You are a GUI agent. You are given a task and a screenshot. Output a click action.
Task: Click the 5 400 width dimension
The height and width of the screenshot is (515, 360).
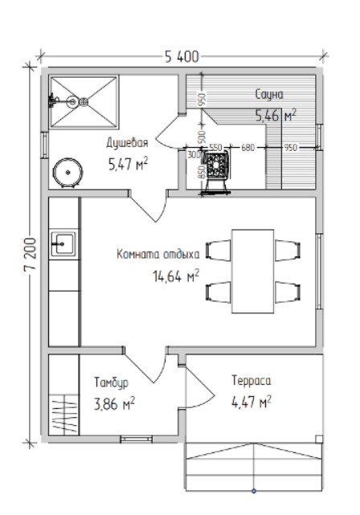[x=182, y=57]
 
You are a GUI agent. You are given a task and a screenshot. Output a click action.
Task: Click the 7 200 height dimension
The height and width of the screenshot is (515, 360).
[x=30, y=254]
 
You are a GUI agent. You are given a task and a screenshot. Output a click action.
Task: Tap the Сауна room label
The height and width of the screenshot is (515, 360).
[x=269, y=95]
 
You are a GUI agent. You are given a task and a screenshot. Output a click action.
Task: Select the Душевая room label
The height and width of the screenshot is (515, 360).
[x=127, y=143]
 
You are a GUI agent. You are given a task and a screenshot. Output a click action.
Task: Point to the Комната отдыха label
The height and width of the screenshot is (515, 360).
[x=158, y=254]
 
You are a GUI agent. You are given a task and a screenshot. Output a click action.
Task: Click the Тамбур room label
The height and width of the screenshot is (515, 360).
[x=111, y=382]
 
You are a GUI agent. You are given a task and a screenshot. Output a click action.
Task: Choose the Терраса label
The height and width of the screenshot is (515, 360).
[x=252, y=380]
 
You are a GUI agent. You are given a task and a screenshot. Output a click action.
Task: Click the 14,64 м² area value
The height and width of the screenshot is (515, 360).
[x=176, y=276]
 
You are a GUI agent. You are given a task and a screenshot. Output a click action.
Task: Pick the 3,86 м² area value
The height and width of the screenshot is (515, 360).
[x=114, y=403]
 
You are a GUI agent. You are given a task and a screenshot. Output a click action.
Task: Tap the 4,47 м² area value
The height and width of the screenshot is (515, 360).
[x=252, y=402]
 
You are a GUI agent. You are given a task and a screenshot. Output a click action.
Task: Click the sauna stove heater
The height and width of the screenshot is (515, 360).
[x=216, y=171]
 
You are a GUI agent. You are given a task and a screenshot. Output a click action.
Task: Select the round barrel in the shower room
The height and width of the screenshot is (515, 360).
[x=67, y=173]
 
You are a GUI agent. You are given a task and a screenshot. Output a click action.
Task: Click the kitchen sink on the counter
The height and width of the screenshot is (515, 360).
[x=63, y=244]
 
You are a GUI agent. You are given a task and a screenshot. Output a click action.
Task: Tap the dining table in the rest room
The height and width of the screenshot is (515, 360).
[x=252, y=272]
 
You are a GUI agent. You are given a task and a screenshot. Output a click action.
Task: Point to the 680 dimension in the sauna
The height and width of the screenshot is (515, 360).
[x=247, y=148]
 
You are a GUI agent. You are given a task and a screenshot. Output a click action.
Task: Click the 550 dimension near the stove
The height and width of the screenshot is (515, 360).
[x=215, y=147]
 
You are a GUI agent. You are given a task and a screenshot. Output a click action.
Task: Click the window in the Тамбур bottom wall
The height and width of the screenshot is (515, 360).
[x=137, y=439]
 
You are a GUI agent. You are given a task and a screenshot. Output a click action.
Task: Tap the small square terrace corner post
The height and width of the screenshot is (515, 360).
[x=319, y=439]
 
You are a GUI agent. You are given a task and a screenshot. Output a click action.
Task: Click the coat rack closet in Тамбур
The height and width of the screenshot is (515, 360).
[x=64, y=415]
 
